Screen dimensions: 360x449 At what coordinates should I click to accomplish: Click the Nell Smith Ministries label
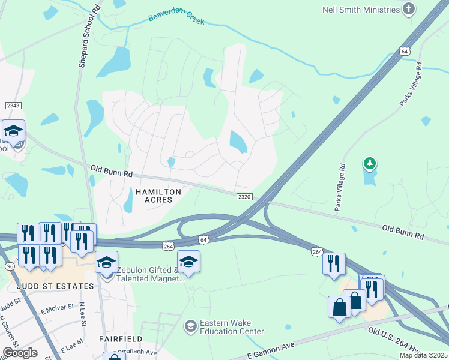[361, 10]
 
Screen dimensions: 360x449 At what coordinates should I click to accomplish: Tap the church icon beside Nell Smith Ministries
[408, 9]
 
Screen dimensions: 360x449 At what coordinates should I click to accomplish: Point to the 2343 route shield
[13, 106]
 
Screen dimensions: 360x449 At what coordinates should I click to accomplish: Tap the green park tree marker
[370, 163]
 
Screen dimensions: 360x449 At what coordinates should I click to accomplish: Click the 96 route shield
[9, 266]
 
